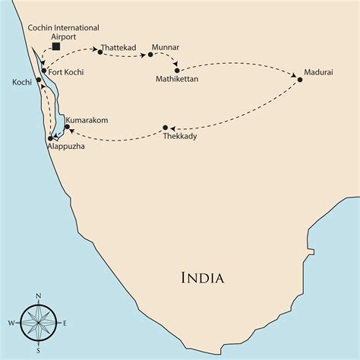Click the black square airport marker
55,47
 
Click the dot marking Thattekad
99,51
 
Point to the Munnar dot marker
150,55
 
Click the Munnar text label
166,47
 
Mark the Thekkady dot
166,128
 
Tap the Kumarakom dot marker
67,127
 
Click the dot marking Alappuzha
50,138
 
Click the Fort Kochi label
67,72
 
